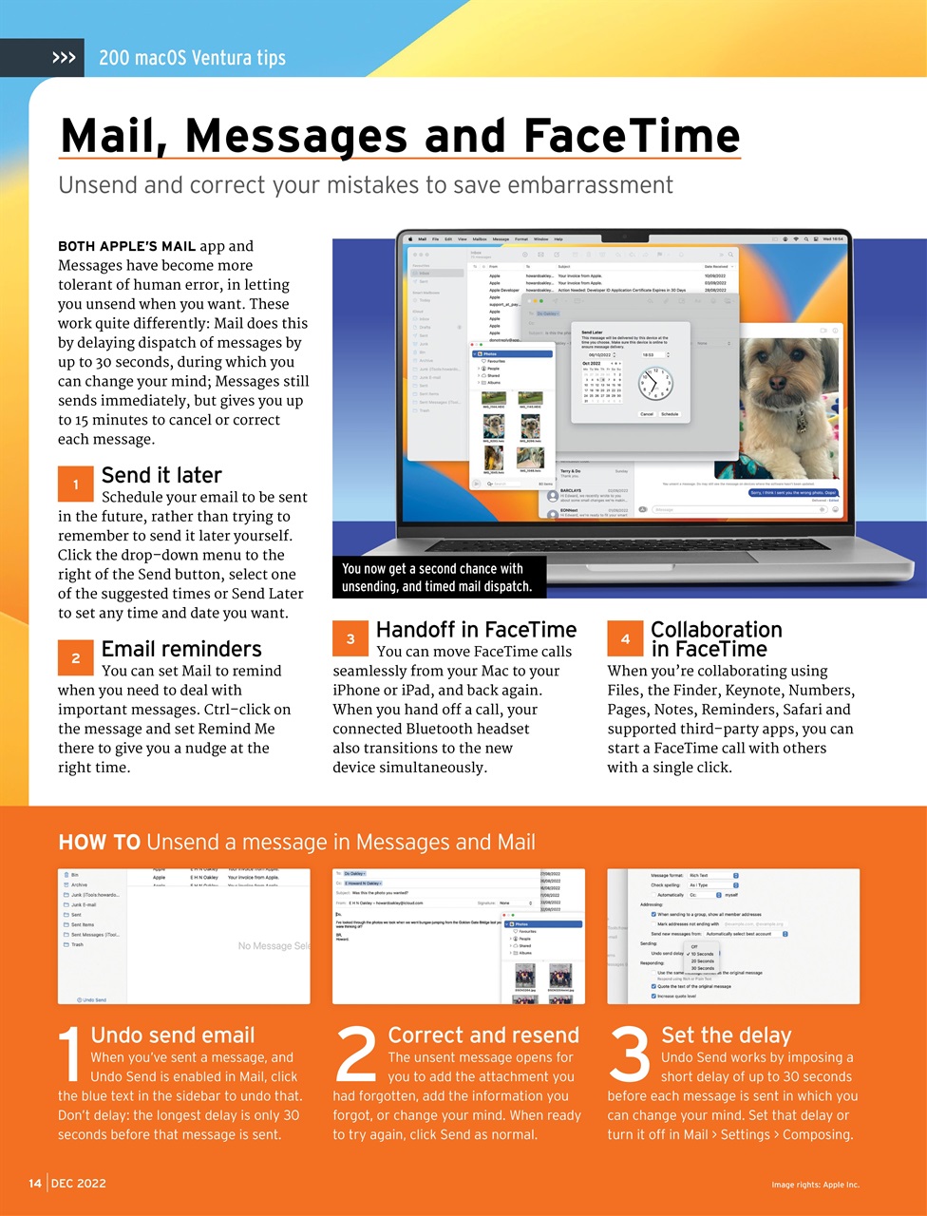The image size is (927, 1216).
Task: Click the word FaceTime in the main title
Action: pos(632,136)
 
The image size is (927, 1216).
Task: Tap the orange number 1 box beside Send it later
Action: pos(75,484)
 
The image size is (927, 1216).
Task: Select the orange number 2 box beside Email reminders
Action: pos(75,657)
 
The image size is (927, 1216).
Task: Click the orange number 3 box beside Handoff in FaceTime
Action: pos(350,638)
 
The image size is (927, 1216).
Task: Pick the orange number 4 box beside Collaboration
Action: pos(625,638)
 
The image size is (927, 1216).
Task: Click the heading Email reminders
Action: pos(180,649)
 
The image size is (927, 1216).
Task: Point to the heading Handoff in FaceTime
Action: pos(476,629)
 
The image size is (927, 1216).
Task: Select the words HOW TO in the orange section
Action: pos(99,842)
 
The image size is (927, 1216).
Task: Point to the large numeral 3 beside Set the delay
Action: pos(629,1055)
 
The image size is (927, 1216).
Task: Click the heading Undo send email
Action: pos(173,1035)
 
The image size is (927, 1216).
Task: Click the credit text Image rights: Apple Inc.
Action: pos(815,1185)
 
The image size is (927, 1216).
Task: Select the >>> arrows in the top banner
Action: pos(64,58)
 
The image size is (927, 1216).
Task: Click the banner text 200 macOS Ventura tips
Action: pos(192,58)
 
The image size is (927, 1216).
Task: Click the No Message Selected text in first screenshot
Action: pos(274,946)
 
